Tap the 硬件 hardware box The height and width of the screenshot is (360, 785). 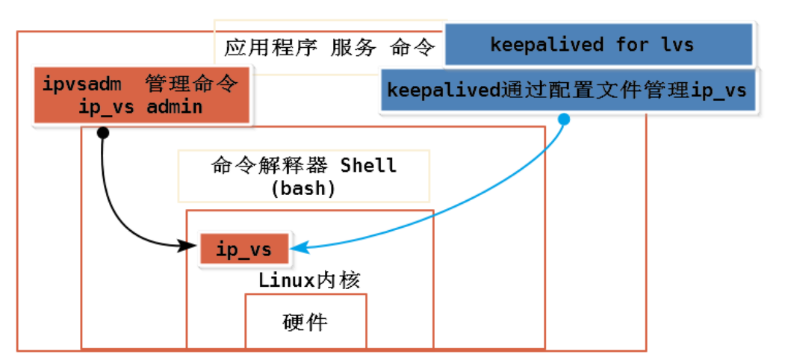coord(305,323)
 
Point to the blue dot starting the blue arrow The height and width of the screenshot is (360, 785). coord(564,120)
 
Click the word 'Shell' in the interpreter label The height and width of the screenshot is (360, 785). coord(368,165)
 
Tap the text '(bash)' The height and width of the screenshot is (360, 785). coord(303,187)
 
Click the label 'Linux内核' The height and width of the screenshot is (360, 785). coord(309,281)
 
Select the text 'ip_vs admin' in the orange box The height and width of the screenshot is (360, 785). coord(140,107)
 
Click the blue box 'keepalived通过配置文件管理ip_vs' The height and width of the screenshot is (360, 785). coord(567,90)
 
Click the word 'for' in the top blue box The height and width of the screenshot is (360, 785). coord(632,45)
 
